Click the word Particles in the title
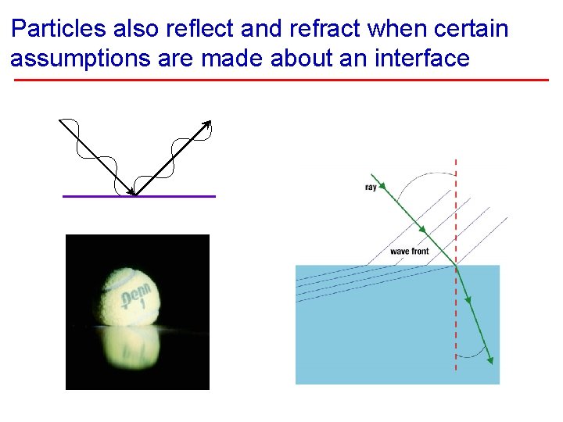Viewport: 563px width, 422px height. (x=59, y=30)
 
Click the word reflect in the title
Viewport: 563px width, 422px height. (x=200, y=30)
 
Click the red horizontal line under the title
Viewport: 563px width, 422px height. (x=281, y=80)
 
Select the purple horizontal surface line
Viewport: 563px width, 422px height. (x=180, y=196)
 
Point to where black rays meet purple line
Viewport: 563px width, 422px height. (x=134, y=195)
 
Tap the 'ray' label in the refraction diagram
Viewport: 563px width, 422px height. (x=371, y=188)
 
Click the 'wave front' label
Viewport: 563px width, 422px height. (x=409, y=251)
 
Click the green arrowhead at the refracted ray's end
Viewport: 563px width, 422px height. (x=490, y=359)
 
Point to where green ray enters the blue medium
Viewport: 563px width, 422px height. (x=455, y=266)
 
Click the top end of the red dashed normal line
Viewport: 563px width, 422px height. (x=456, y=160)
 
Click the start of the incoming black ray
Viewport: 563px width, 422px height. (x=60, y=120)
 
